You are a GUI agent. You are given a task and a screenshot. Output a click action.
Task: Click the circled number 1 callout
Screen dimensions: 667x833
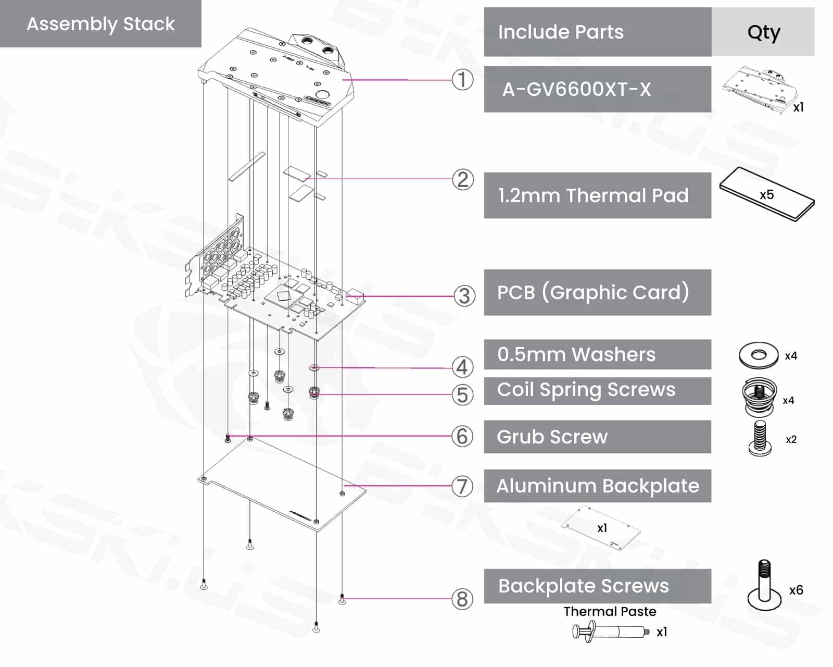click(462, 80)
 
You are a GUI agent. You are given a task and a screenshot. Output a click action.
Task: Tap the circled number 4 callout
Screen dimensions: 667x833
click(462, 367)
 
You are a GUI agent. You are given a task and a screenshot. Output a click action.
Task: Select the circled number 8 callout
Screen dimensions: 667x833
click(462, 599)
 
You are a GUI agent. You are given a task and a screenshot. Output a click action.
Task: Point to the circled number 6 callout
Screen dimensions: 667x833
click(462, 437)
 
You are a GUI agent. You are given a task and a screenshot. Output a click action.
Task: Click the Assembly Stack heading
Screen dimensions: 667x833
click(100, 24)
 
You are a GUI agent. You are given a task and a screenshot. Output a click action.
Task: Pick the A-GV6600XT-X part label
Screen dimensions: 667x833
click(576, 90)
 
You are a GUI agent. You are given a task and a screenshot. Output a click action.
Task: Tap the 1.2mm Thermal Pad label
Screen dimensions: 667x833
click(593, 195)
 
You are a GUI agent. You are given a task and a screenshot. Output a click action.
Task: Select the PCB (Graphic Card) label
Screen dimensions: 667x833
click(593, 292)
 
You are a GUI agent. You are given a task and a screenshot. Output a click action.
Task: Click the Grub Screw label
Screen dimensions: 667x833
click(552, 437)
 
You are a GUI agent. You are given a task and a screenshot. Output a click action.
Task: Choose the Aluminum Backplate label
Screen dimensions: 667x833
click(597, 486)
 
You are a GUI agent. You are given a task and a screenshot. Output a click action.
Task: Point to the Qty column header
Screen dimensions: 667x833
click(763, 32)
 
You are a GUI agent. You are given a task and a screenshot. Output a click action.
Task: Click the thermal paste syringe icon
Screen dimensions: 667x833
click(610, 632)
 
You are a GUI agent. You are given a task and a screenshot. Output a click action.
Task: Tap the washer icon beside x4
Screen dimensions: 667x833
click(759, 355)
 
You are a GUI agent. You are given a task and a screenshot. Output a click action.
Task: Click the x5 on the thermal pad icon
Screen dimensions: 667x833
click(766, 195)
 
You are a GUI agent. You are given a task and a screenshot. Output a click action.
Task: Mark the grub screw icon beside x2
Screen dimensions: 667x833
click(759, 439)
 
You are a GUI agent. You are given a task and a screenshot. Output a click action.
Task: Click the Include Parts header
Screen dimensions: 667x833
click(561, 32)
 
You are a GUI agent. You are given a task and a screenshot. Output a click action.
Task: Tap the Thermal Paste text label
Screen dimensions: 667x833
click(610, 611)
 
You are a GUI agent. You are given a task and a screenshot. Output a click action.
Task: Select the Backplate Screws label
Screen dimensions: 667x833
click(583, 586)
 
